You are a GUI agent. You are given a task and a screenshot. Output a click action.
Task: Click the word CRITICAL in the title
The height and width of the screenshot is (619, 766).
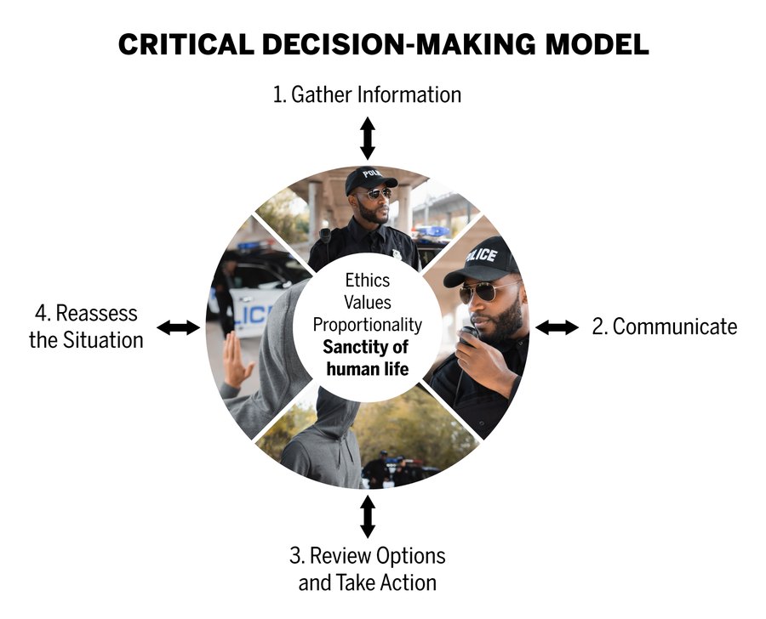(186, 44)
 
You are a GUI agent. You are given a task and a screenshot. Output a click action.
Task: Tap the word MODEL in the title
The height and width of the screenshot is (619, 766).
(597, 44)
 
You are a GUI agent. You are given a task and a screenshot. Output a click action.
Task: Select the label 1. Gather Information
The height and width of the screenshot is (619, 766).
(367, 94)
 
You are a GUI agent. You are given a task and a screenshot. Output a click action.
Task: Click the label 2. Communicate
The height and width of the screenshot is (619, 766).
(665, 327)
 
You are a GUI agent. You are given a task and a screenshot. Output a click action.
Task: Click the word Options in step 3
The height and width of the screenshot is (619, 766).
(411, 556)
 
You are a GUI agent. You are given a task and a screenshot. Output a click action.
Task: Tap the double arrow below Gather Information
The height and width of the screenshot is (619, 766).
(368, 138)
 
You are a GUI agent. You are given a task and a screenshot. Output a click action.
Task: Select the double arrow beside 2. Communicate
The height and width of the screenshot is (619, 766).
(557, 327)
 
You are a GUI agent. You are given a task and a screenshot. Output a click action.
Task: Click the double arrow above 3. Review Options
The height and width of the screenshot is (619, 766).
(368, 517)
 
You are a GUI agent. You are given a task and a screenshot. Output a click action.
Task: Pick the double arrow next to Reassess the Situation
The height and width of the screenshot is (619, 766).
(179, 327)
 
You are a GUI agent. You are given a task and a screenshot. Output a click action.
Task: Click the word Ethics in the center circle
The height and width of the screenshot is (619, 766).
(368, 281)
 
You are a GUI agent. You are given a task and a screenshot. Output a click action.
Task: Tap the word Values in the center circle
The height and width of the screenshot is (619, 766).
(368, 302)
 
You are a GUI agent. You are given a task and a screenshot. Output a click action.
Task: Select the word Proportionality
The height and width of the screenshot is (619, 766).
(368, 325)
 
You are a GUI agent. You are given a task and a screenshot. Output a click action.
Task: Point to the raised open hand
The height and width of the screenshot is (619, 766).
(237, 360)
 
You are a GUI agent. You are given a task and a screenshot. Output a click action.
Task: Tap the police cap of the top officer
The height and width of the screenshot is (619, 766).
(370, 179)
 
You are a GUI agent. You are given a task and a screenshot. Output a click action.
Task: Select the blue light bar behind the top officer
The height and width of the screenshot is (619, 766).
(432, 231)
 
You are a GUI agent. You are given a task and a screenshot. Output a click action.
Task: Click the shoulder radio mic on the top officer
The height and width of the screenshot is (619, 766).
(325, 236)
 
